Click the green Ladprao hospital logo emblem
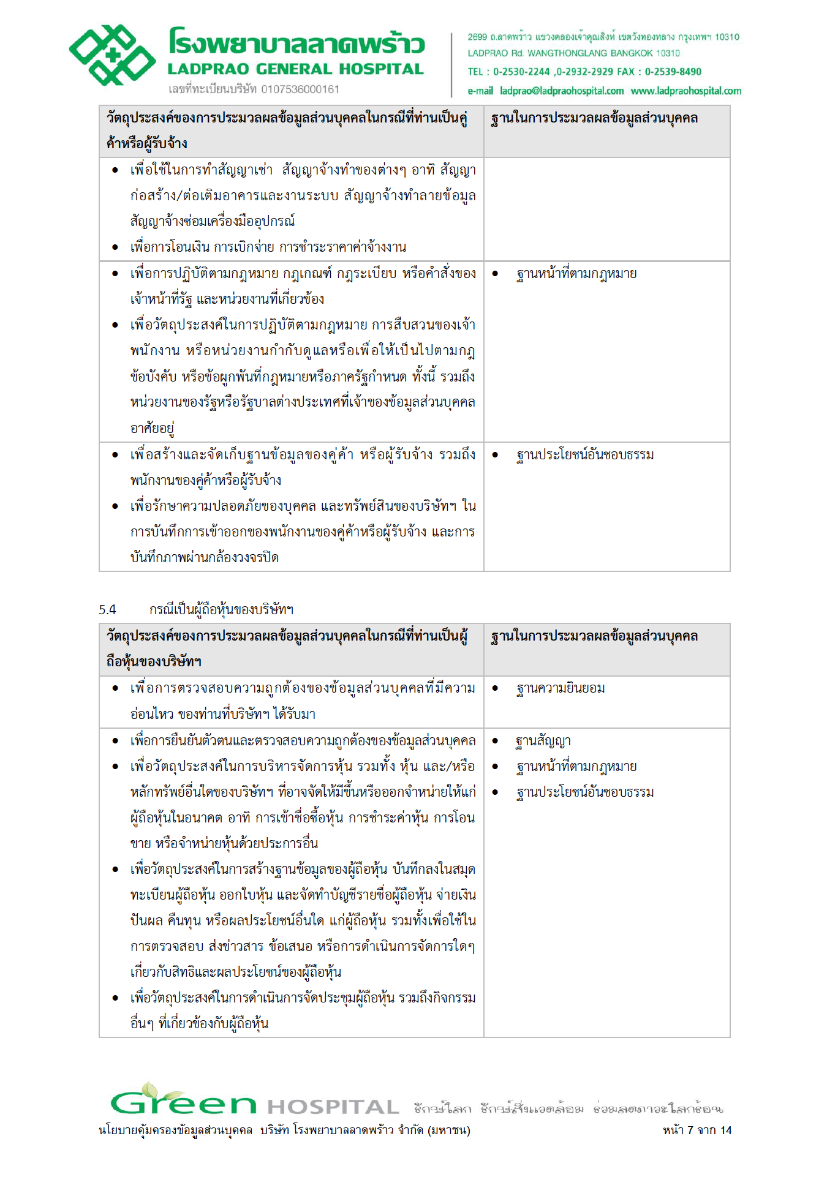pyautogui.click(x=112, y=55)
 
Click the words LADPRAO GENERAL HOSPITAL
pyautogui.click(x=296, y=69)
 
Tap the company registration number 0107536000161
pyautogui.click(x=300, y=89)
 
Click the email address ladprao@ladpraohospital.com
pyautogui.click(x=562, y=91)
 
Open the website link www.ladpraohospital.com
pyautogui.click(x=685, y=91)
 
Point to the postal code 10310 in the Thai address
pyautogui.click(x=727, y=37)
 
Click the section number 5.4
pyautogui.click(x=107, y=609)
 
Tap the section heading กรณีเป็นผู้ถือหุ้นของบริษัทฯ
pyautogui.click(x=221, y=609)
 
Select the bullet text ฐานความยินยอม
pyautogui.click(x=561, y=688)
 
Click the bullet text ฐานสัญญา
pyautogui.click(x=543, y=741)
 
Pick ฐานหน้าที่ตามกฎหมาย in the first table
pyautogui.click(x=576, y=274)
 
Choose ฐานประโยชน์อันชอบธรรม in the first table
pyautogui.click(x=585, y=455)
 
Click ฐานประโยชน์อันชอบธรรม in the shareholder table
pyautogui.click(x=585, y=792)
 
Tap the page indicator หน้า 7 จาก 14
pyautogui.click(x=697, y=1130)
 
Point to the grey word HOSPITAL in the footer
pyautogui.click(x=333, y=1107)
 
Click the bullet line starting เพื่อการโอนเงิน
pyautogui.click(x=268, y=247)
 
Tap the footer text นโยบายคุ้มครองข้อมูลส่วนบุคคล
pyautogui.click(x=176, y=1130)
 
